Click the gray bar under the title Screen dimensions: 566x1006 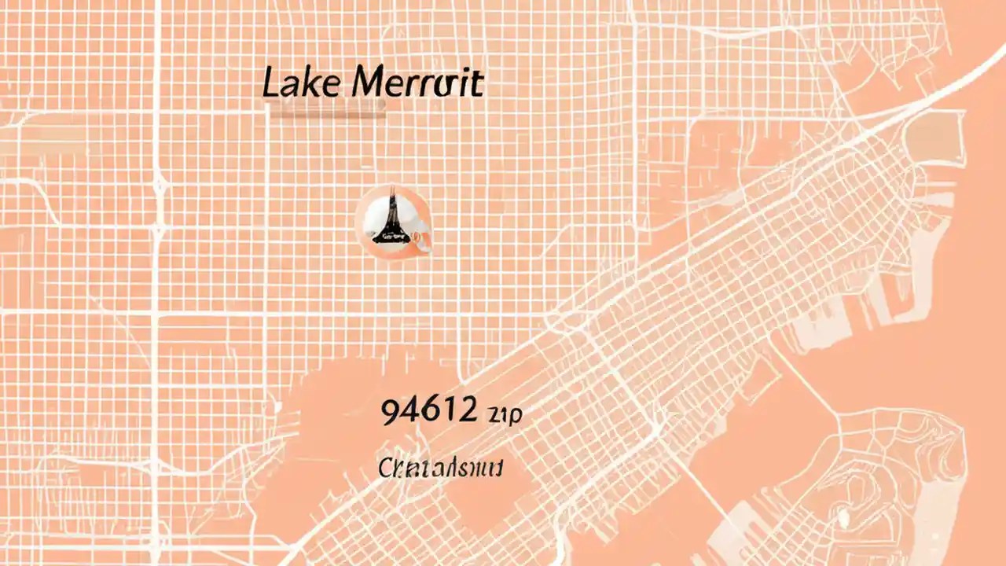326,111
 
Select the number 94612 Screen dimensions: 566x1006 428,411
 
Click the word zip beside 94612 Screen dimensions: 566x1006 504,415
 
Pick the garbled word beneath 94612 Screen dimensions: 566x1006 440,469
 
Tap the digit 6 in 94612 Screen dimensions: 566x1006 429,411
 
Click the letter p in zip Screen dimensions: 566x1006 516,417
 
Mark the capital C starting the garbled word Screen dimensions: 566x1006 385,468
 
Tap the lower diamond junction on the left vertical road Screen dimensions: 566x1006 160,229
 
